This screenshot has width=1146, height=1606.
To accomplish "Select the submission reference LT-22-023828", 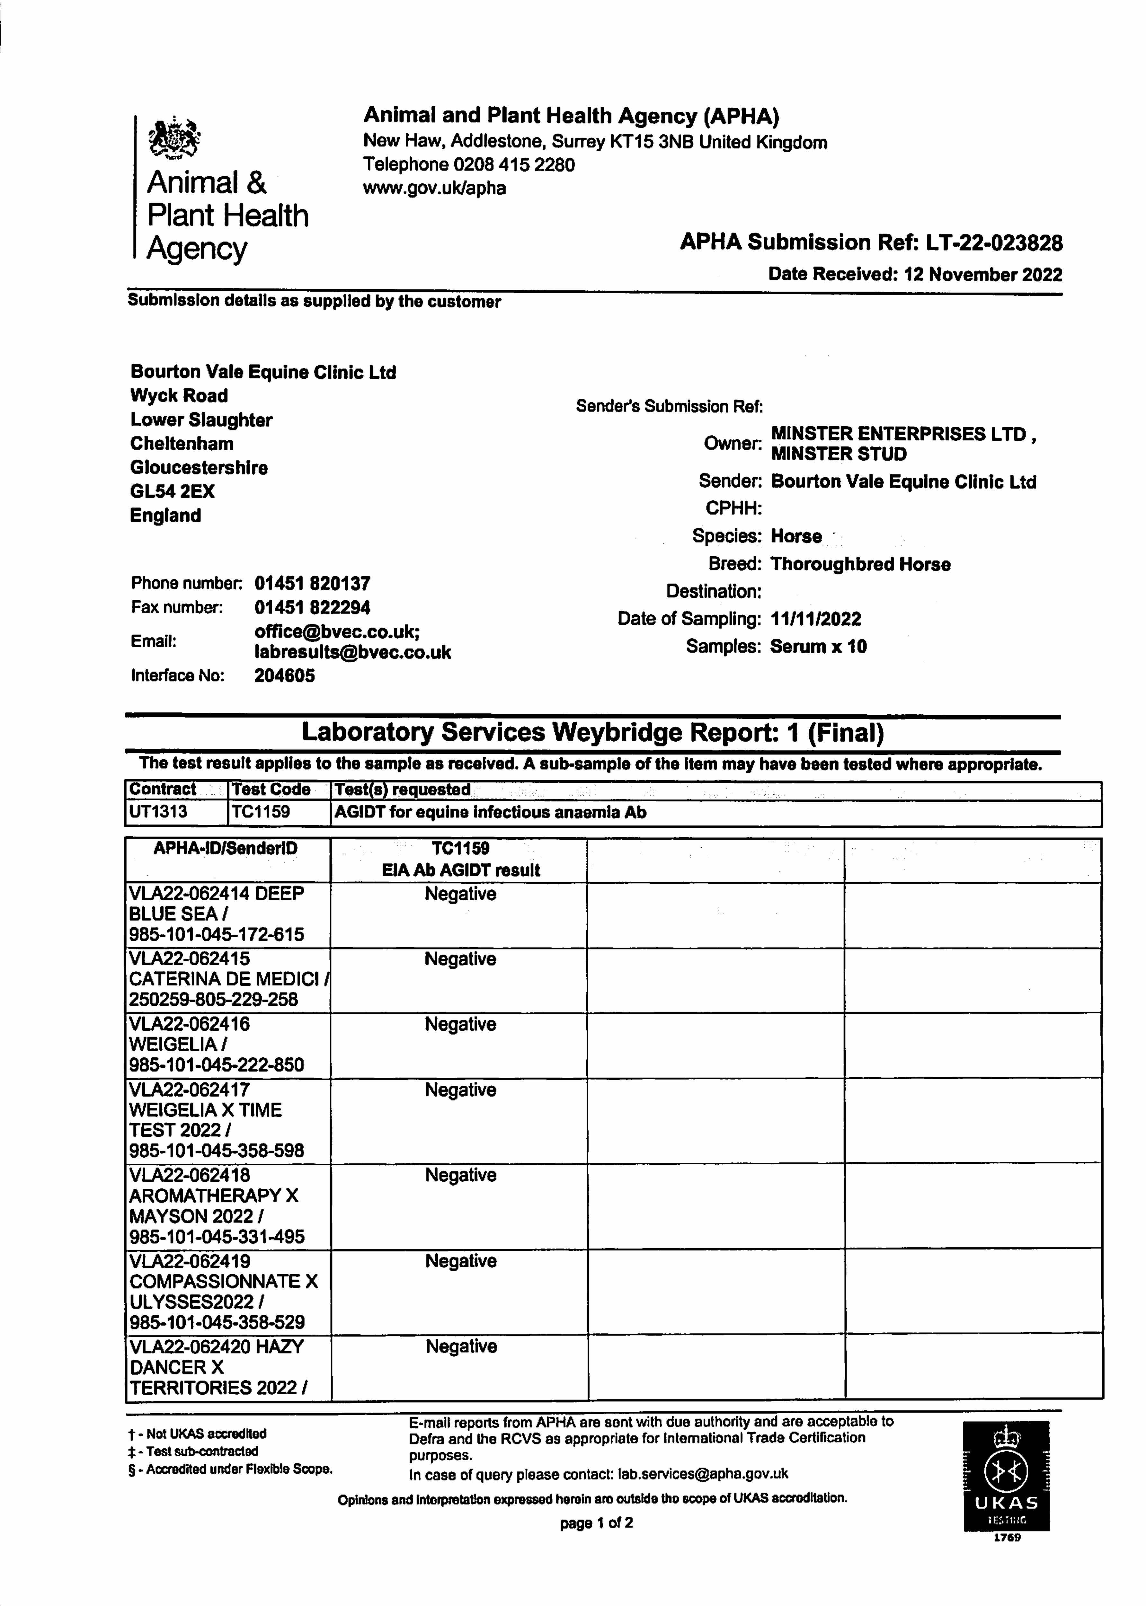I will tap(994, 243).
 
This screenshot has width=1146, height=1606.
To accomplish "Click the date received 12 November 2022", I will tap(982, 274).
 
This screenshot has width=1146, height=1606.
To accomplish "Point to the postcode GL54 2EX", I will tap(172, 492).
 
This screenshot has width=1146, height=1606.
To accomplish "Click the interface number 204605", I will tap(284, 676).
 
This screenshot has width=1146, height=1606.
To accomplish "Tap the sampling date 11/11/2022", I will tap(816, 619).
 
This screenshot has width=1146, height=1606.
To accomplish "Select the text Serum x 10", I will tap(818, 647).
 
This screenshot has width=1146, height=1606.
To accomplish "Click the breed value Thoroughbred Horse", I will tap(860, 564).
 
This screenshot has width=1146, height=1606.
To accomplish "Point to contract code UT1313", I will tap(158, 812).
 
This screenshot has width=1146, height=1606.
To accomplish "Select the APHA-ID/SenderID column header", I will tap(226, 849).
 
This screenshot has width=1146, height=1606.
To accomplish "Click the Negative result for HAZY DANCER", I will tap(461, 1346).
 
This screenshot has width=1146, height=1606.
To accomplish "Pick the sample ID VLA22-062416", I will tap(189, 1023).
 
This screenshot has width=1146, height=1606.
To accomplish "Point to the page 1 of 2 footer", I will tap(596, 1523).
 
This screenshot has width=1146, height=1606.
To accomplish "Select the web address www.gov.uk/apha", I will tap(434, 188).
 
